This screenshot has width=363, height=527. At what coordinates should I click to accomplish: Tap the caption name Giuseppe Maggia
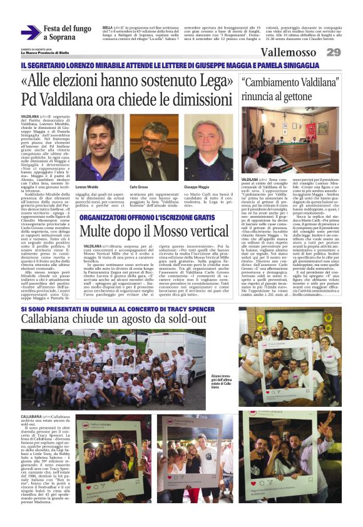pyautogui.click(x=196, y=187)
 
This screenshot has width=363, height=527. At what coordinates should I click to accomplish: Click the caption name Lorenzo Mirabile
pyautogui.click(x=87, y=187)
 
